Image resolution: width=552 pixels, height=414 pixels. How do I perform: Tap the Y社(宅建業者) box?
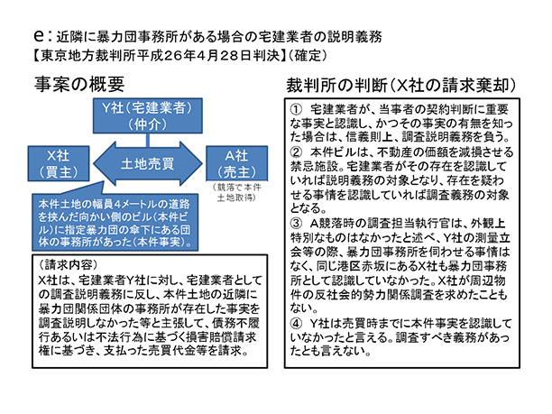149,115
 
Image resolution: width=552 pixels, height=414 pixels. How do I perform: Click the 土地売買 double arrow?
149,163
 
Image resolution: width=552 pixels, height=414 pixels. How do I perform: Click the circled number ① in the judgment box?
298,109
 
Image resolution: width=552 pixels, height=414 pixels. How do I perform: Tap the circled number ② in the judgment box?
298,152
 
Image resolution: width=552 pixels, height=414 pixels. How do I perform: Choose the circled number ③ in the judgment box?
298,222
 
